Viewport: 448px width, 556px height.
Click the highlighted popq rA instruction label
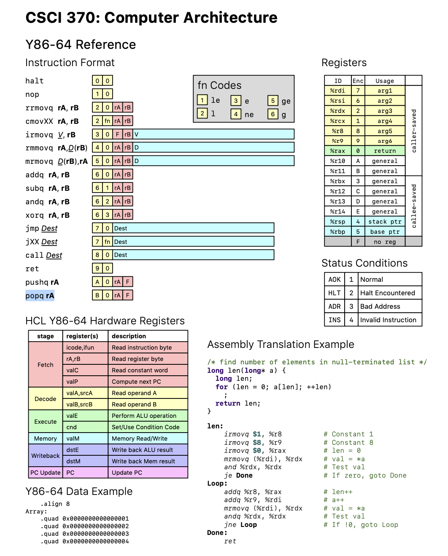point(40,296)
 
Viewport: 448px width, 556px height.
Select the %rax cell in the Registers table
point(337,151)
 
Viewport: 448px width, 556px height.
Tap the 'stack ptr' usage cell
point(384,222)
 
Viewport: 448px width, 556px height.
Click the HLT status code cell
point(335,293)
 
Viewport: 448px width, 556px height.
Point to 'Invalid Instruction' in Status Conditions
point(388,320)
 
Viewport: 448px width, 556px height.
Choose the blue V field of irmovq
point(213,134)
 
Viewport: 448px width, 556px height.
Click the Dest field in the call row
point(193,255)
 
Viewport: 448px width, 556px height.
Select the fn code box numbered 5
point(273,101)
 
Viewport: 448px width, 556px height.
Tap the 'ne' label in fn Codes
point(249,115)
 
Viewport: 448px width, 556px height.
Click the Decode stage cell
point(46,399)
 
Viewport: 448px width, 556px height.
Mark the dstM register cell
point(73,461)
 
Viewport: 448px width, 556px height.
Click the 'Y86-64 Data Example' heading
point(79,492)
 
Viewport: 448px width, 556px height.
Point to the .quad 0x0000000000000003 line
point(85,534)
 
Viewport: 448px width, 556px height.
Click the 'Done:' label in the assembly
point(217,533)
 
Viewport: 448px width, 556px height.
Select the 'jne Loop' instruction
point(240,525)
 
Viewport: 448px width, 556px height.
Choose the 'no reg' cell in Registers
point(384,242)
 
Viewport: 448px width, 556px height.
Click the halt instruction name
point(35,81)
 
